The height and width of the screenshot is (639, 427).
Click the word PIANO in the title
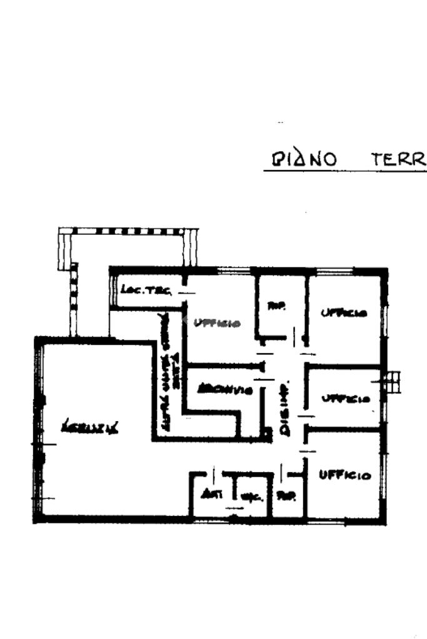tap(304, 159)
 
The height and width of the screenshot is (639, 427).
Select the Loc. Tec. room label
tap(137, 290)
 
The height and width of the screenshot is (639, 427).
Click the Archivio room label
tap(224, 390)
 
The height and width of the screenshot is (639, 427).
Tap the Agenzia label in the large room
tap(91, 427)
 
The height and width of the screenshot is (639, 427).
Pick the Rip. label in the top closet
tap(276, 306)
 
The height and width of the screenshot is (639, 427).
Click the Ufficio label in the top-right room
tap(344, 313)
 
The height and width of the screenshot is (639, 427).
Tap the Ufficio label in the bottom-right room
tap(344, 475)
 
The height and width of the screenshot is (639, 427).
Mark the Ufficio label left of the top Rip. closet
tap(217, 323)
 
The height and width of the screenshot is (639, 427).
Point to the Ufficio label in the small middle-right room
tap(345, 399)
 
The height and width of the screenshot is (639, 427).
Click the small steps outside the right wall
tap(393, 382)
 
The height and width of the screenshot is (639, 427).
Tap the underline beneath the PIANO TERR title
tap(344, 171)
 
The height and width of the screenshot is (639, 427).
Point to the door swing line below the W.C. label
tap(234, 508)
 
